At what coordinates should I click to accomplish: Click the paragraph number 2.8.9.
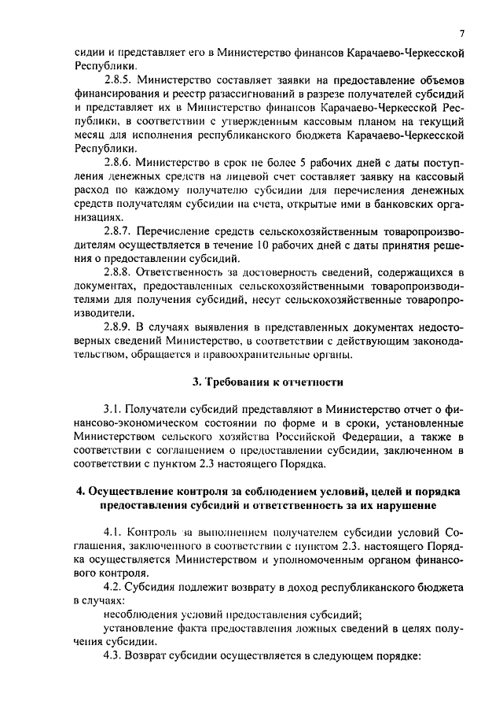point(119,326)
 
